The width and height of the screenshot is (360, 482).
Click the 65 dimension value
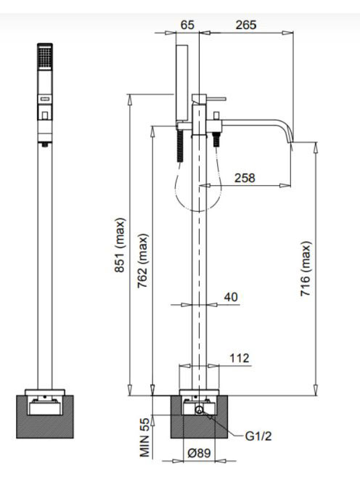coord(187,25)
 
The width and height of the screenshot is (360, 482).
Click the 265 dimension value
coord(246,25)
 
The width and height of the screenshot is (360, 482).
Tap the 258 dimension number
coord(245,178)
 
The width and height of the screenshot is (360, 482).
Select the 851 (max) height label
coord(120,245)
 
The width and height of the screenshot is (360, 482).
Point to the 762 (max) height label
coord(143,261)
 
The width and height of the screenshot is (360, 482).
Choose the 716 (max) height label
coord(306,269)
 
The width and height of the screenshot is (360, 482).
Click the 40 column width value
coord(231,297)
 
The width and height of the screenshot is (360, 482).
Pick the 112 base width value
coord(240,358)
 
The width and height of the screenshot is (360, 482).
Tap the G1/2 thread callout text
coord(258,436)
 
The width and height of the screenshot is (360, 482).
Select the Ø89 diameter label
coord(199,453)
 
